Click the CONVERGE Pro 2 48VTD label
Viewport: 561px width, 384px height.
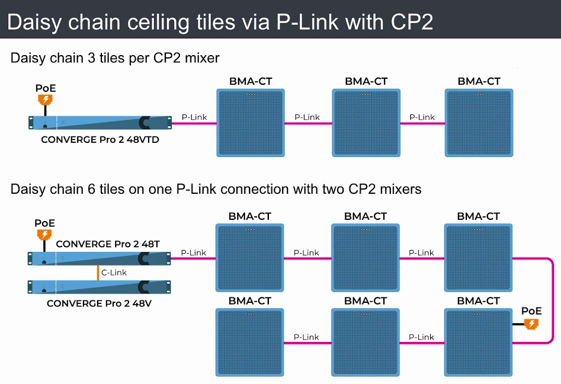[100, 140]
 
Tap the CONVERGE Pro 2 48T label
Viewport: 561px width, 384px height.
[108, 244]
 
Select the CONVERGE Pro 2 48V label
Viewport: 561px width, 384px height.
[99, 303]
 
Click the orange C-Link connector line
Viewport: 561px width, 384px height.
[98, 273]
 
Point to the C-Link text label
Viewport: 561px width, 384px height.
[114, 273]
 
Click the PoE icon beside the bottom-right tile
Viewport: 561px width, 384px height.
[531, 324]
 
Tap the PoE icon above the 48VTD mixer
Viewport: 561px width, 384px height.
[45, 100]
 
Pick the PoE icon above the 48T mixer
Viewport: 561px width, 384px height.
[44, 235]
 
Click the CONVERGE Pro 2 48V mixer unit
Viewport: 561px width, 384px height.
[99, 287]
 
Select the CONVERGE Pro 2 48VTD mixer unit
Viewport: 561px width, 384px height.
[100, 123]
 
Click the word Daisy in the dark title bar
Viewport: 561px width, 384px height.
[34, 22]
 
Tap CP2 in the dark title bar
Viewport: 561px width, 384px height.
[412, 21]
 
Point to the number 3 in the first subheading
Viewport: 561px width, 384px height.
[92, 58]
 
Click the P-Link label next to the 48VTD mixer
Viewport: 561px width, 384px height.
[194, 117]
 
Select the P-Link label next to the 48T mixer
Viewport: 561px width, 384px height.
[194, 252]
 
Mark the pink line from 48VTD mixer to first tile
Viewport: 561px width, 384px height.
[194, 123]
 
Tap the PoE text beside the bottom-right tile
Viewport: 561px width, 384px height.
[531, 311]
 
